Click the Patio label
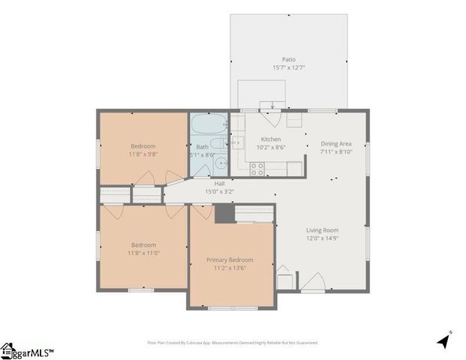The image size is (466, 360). pos(289,58)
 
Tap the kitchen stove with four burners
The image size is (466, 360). pos(257,169)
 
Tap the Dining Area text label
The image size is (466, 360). pos(335,143)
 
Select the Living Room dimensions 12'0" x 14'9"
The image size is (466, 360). pos(322,238)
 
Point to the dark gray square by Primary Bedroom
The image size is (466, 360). pos(224,213)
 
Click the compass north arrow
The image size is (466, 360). pos(445,340)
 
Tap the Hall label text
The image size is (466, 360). pos(219,183)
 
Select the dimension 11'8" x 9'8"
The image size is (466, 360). pos(143,154)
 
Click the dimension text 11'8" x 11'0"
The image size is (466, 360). pos(143,253)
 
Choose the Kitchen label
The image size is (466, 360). pos(270,139)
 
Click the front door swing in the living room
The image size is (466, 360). pos(313,283)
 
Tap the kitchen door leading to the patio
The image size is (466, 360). pos(273,118)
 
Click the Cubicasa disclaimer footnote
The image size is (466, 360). pos(233,342)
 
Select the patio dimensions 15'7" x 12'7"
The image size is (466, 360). pos(289,67)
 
